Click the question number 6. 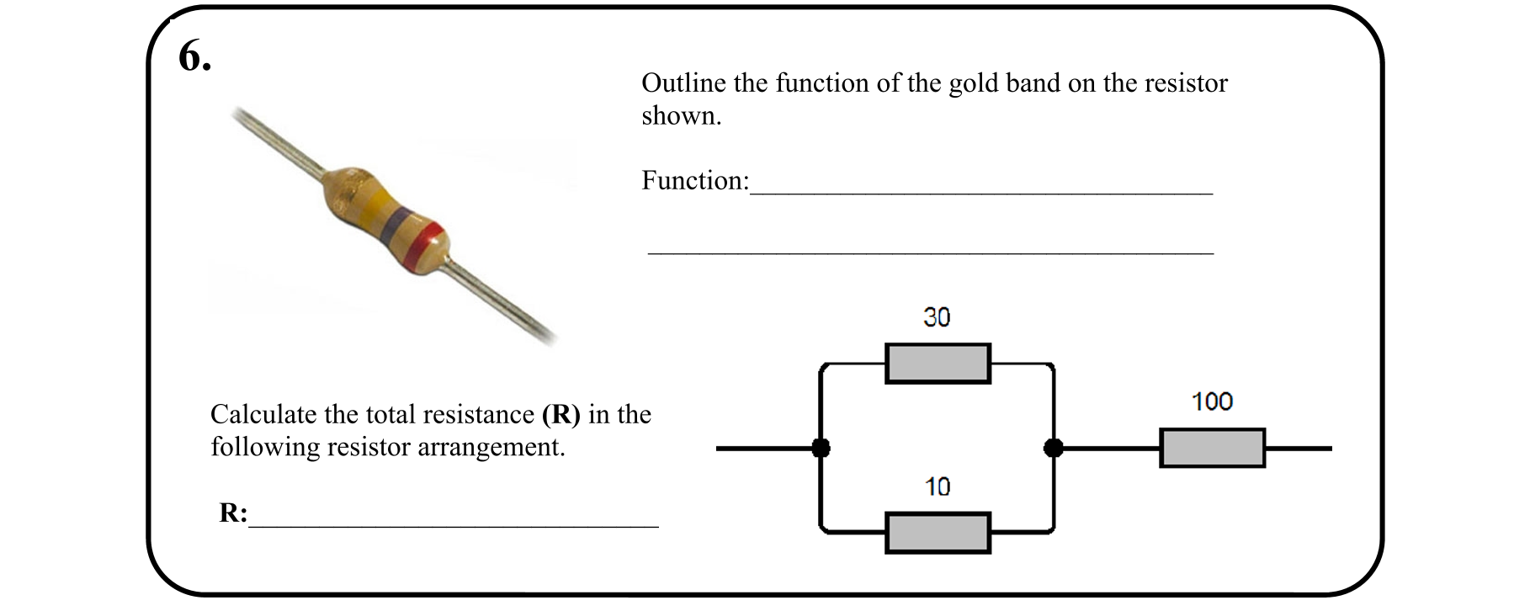[x=194, y=58]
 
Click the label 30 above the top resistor [x=936, y=317]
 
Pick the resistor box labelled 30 [x=938, y=364]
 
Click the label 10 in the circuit [x=937, y=486]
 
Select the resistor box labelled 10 [x=938, y=533]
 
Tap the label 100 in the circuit [x=1212, y=401]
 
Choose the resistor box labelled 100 [x=1212, y=448]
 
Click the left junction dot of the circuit [x=821, y=448]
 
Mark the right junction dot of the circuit [x=1053, y=448]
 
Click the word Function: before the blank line [x=694, y=180]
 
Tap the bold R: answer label [x=233, y=513]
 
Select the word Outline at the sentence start [x=683, y=83]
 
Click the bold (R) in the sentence [x=560, y=414]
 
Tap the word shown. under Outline [x=681, y=116]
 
